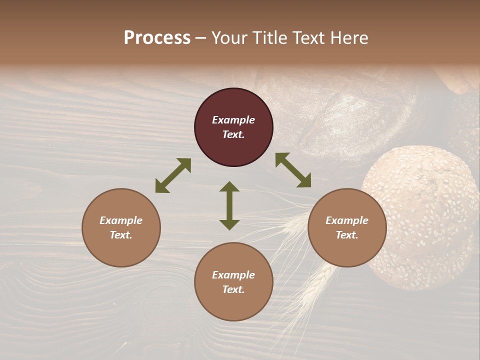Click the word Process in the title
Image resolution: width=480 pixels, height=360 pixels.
pos(157,38)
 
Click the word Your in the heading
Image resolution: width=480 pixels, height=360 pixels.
pos(230,38)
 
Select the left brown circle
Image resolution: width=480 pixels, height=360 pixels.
pos(121,227)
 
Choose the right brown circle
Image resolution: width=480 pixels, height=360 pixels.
pos(347,227)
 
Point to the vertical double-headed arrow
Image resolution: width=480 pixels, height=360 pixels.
pos(229,205)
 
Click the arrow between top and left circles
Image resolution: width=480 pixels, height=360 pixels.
pos(173,175)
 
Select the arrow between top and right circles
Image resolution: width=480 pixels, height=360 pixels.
pos(293,170)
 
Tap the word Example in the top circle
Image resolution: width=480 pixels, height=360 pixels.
pos(233,120)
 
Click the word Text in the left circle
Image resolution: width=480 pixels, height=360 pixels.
pos(121,235)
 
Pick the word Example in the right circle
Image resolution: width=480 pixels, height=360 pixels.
pos(347,220)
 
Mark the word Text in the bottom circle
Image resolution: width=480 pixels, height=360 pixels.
pos(233,289)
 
